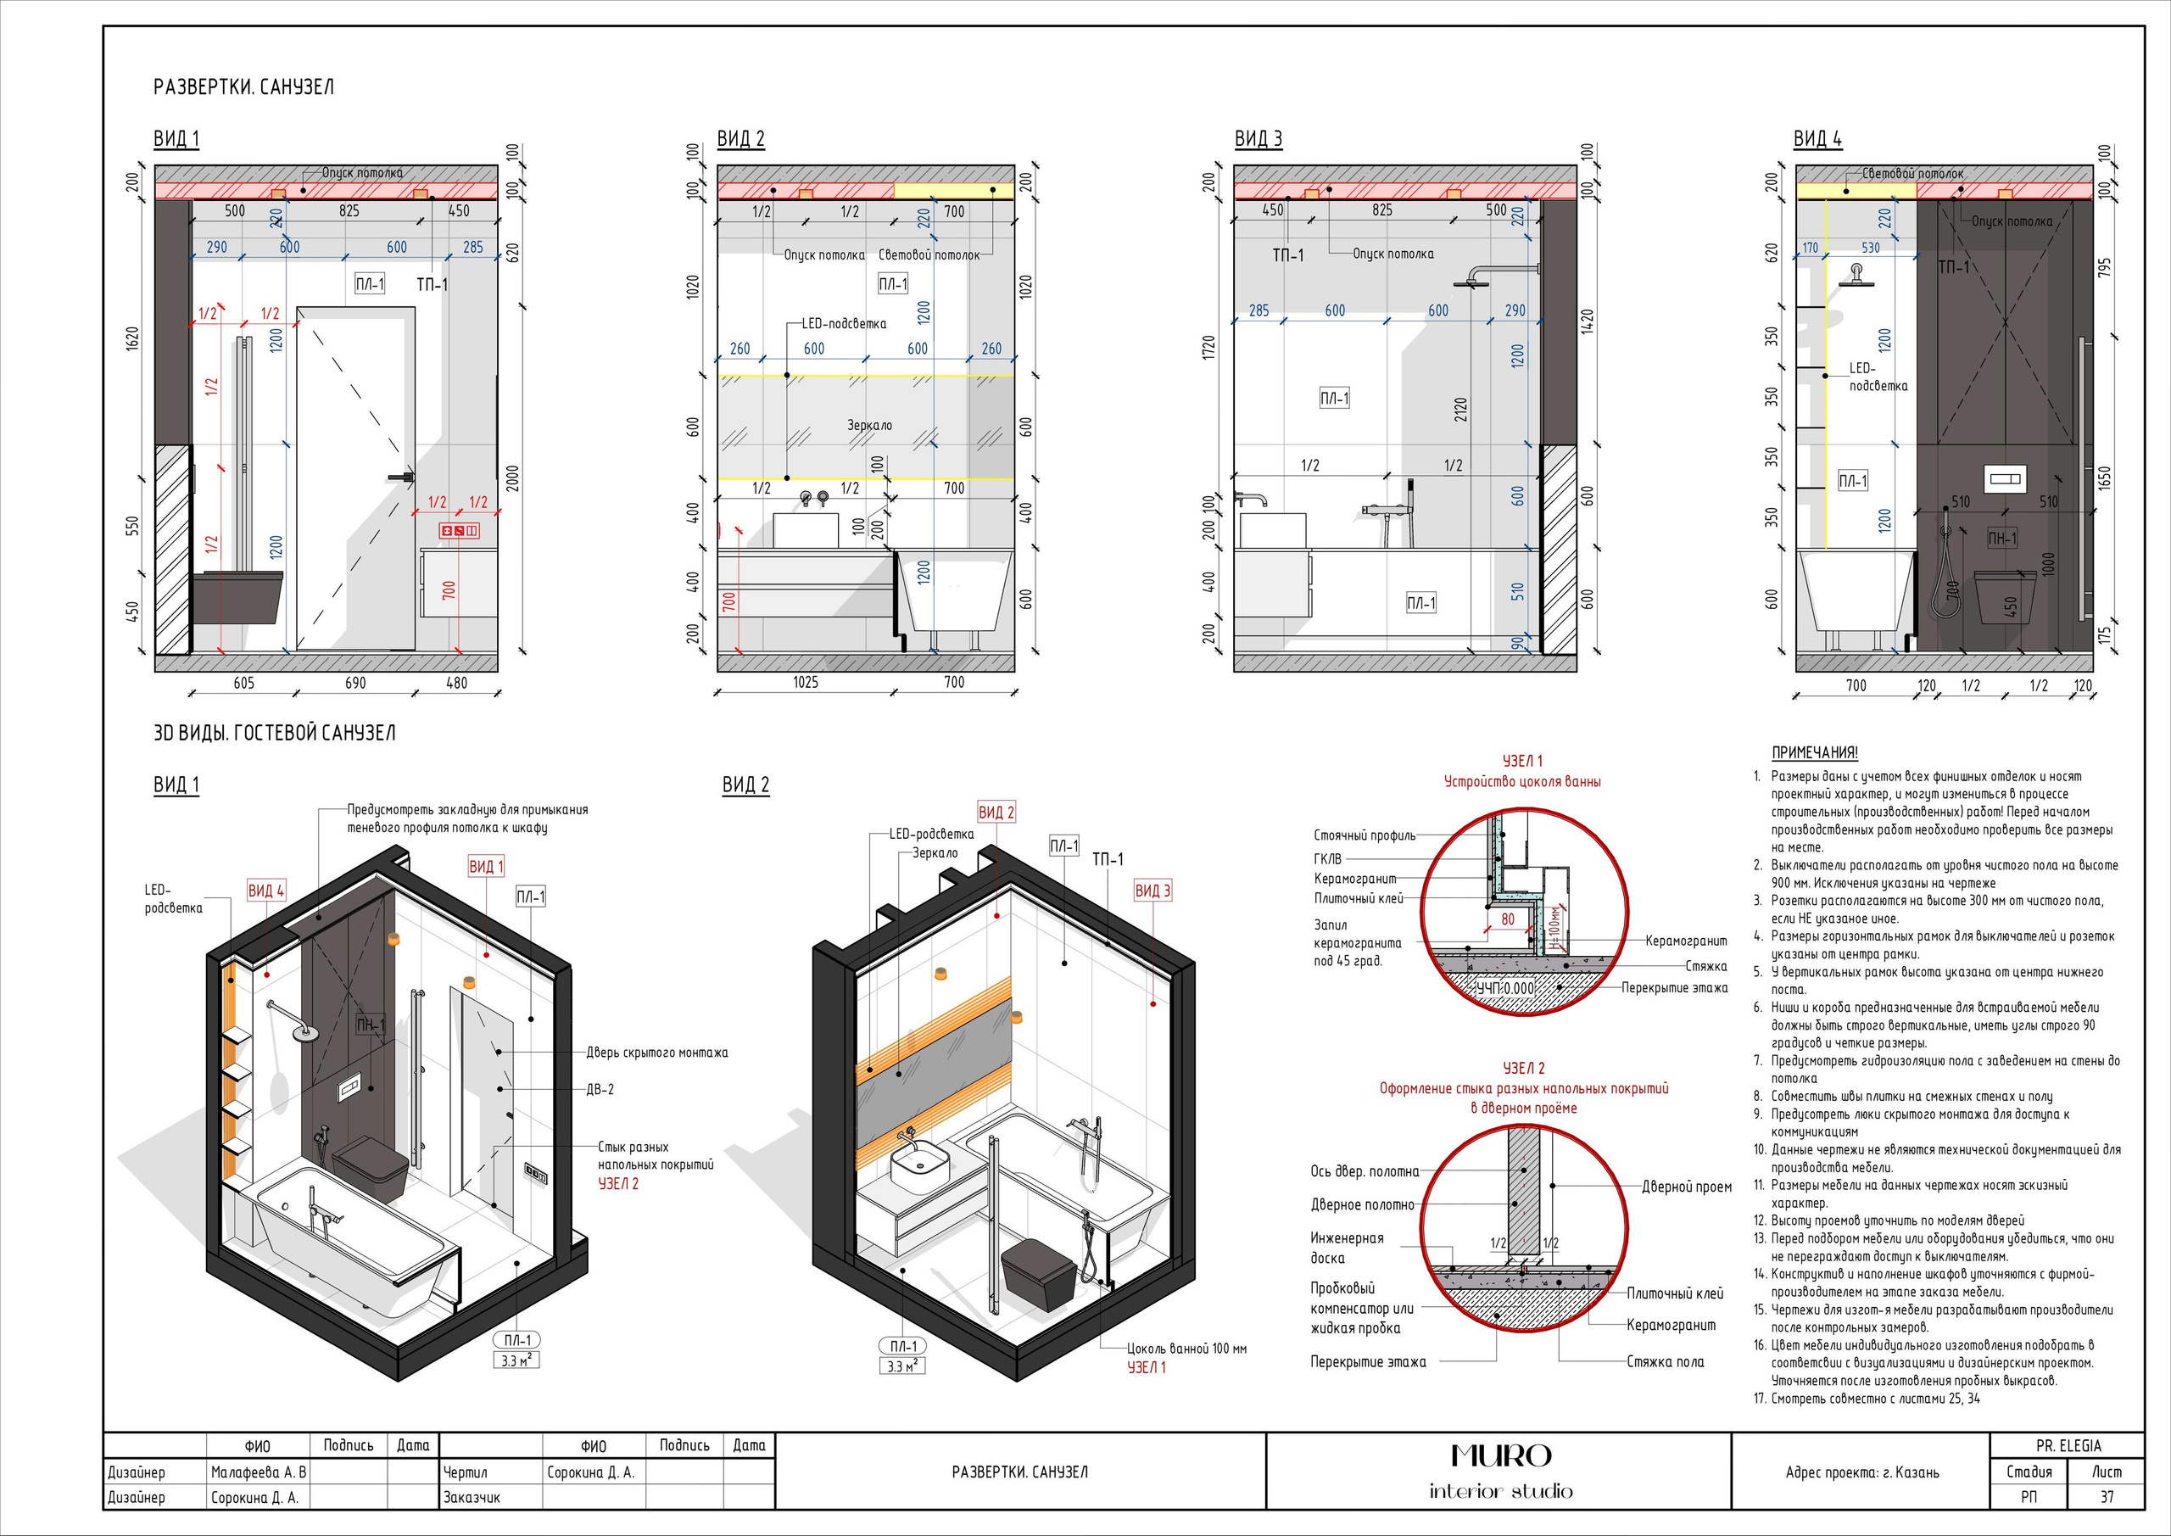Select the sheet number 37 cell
tap(2106, 1496)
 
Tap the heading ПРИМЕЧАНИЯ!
tap(1814, 753)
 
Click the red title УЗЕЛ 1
tap(1522, 762)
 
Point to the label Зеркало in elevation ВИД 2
tap(869, 426)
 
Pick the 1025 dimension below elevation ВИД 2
tap(806, 682)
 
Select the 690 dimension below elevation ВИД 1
tap(354, 682)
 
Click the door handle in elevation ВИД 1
tap(401, 478)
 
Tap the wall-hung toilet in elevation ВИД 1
tap(237, 598)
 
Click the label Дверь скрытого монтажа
tap(656, 1053)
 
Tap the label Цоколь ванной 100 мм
tap(1186, 1349)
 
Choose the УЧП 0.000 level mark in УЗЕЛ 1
tap(1505, 988)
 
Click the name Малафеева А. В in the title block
tap(258, 1472)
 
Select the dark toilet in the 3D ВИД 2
tap(1038, 1274)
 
